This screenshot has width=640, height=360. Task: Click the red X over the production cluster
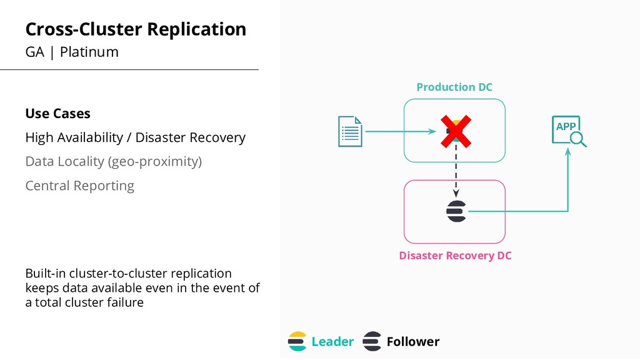click(456, 131)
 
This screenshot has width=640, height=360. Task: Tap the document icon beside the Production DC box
click(350, 131)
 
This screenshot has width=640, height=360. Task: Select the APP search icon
click(569, 131)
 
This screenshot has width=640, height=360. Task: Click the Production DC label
click(454, 87)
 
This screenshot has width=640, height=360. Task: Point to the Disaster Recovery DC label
click(455, 256)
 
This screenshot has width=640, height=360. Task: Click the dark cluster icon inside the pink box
click(456, 211)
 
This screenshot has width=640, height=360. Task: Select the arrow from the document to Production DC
click(401, 131)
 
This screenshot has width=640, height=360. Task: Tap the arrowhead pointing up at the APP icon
click(567, 152)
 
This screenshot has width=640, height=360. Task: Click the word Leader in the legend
click(332, 342)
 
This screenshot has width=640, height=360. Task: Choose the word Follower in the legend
click(413, 342)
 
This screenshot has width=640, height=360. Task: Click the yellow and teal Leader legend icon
click(297, 341)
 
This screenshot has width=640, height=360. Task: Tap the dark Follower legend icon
click(372, 341)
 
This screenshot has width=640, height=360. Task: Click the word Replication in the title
click(196, 29)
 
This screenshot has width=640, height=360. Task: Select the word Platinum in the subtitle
click(89, 52)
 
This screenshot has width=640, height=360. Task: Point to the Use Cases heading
click(57, 114)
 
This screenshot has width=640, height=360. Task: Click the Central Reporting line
click(79, 186)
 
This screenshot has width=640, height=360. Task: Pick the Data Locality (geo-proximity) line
click(114, 162)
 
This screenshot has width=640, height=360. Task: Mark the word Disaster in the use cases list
click(159, 137)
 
